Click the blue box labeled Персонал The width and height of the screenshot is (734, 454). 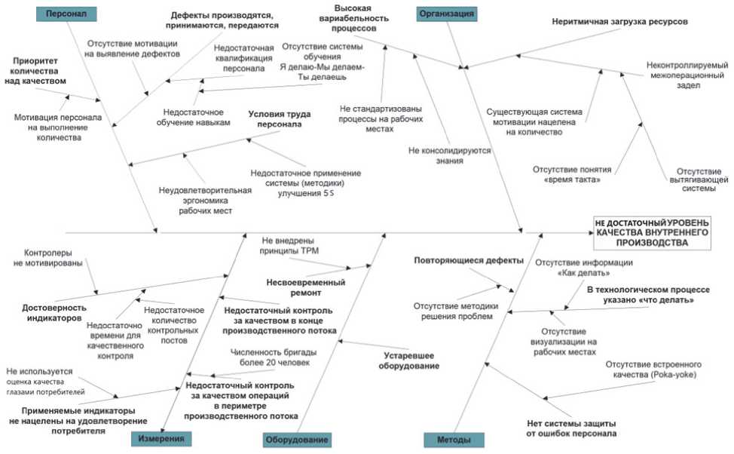(x=66, y=14)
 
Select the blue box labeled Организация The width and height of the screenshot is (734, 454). (x=447, y=14)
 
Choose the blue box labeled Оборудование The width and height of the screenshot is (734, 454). (x=297, y=439)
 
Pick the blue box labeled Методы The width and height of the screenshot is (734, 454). (x=454, y=439)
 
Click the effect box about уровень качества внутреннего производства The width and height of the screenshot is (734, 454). (x=652, y=233)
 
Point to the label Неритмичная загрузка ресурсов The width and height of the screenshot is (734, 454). (x=619, y=22)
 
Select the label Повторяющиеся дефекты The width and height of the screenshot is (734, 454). (x=468, y=261)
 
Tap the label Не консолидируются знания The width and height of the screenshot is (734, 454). (x=449, y=155)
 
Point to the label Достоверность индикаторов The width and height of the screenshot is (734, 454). (x=54, y=313)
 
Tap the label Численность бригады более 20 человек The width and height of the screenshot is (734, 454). (x=273, y=357)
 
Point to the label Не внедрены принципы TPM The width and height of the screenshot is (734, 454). (x=289, y=247)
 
